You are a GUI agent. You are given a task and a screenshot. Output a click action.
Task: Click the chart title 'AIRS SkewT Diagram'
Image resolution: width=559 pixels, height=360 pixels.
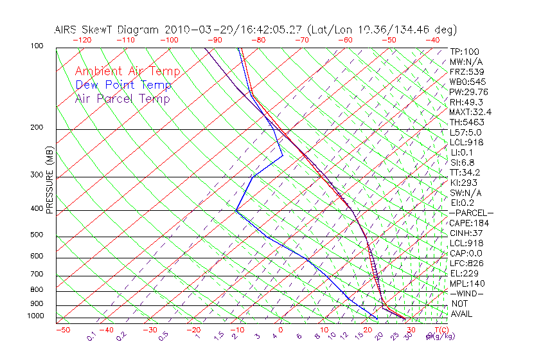tap(107, 30)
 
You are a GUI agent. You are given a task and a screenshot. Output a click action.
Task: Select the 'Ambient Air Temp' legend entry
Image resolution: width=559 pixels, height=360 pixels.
tap(127, 71)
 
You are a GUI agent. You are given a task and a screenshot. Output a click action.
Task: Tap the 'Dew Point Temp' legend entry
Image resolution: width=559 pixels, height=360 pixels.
tap(123, 85)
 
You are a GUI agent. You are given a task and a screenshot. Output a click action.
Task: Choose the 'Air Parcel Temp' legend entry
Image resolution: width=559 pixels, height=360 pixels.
tap(122, 98)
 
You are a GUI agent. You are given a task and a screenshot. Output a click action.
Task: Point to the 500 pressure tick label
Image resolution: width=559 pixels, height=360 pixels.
tap(37, 235)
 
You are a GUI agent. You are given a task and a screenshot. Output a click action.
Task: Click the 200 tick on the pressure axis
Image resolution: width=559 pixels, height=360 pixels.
tap(37, 128)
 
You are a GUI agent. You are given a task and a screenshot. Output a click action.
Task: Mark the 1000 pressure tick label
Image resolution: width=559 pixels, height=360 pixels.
tap(35, 316)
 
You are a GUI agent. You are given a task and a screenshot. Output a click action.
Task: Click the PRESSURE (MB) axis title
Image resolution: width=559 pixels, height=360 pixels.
tap(49, 184)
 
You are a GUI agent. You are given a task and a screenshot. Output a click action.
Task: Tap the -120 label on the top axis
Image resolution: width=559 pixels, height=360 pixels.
tap(82, 40)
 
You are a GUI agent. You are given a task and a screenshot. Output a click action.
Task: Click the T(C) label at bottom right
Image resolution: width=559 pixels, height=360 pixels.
tap(439, 330)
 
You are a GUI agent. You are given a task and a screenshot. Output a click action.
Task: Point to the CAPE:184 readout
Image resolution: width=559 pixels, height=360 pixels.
tap(466, 223)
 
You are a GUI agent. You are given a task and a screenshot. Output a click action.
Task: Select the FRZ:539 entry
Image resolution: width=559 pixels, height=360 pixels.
tap(465, 72)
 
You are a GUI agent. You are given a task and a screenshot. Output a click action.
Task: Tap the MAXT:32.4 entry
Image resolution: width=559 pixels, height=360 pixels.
tap(468, 112)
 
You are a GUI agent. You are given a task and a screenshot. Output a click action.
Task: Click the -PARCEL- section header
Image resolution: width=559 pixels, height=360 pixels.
tap(471, 213)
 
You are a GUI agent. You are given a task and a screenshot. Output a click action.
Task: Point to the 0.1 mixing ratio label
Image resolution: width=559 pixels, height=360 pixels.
tap(92, 336)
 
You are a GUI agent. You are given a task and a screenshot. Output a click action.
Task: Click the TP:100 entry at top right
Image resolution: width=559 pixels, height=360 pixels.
tap(464, 52)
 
